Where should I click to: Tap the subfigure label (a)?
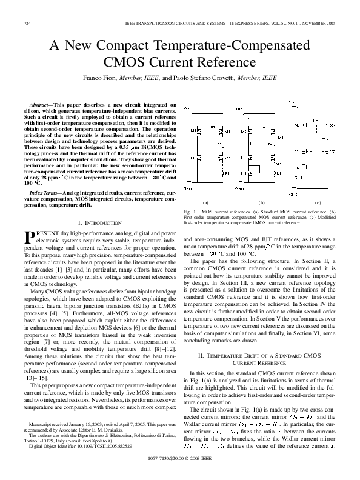coord(205,202)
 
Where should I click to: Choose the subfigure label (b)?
coord(262,202)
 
